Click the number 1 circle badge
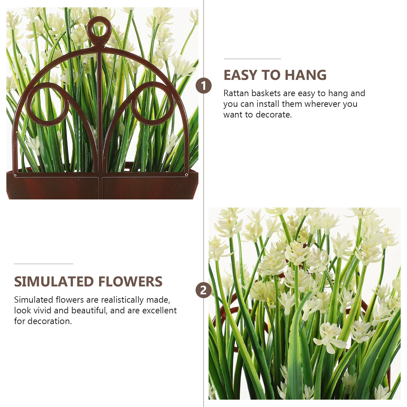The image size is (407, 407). (x=203, y=86)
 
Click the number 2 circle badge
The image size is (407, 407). (x=203, y=290)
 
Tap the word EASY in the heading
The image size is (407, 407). (x=240, y=75)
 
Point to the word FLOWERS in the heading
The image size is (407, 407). (x=130, y=282)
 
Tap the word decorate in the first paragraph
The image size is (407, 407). (x=273, y=115)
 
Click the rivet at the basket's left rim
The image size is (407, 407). (x=15, y=175)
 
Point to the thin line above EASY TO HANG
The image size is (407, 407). (x=252, y=59)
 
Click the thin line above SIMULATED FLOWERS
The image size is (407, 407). (x=43, y=264)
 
